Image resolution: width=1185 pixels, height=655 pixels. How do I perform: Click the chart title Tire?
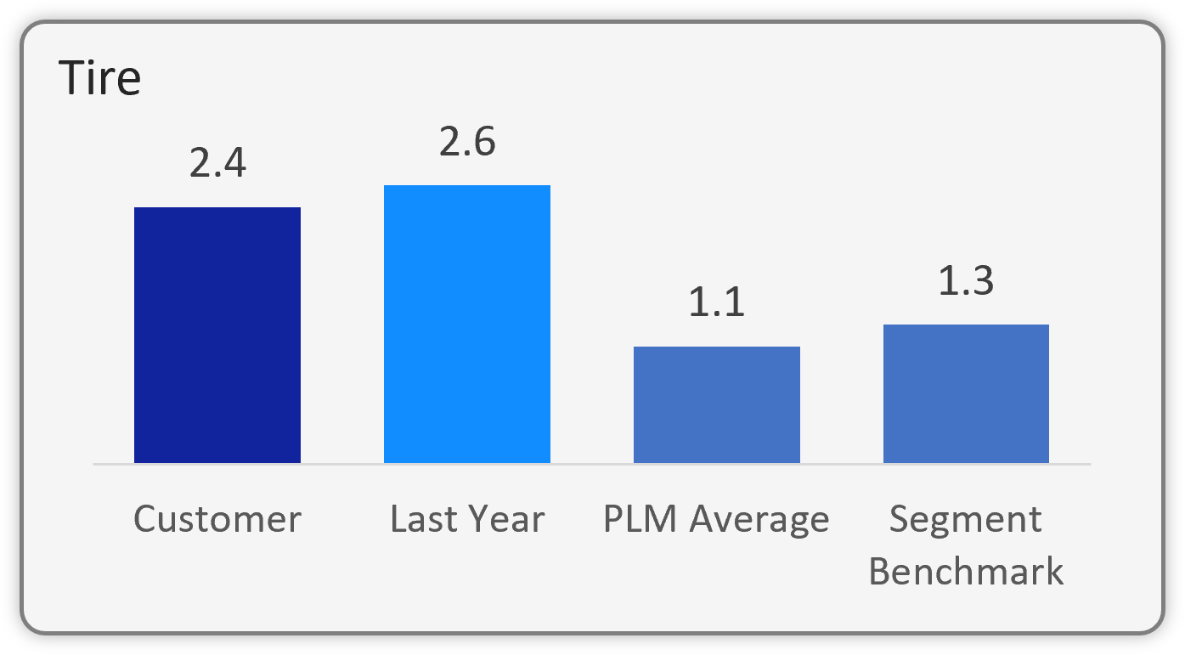pos(99,79)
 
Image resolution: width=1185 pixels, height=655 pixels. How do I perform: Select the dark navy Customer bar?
pos(217,335)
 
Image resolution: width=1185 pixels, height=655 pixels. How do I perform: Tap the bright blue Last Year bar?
pos(466,324)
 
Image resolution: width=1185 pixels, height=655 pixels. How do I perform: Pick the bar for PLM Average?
pos(716,404)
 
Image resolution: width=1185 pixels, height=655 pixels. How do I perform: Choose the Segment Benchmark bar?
pos(966,393)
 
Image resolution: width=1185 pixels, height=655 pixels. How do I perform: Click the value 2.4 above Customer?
pos(217,164)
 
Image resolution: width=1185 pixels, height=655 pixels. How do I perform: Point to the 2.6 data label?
pos(466,142)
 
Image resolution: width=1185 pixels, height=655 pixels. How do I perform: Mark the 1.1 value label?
pos(716,303)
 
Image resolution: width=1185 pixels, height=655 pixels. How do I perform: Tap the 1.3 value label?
pos(966,281)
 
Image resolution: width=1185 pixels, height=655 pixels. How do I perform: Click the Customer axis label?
pos(217,519)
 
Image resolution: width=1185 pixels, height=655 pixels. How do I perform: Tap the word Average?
pos(759,520)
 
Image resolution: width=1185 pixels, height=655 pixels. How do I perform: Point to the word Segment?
pos(966,520)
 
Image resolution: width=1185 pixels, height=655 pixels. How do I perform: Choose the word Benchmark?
pos(966,571)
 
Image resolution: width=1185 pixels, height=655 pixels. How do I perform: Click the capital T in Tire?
pos(71,79)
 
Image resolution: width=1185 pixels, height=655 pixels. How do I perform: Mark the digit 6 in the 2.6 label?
pos(483,142)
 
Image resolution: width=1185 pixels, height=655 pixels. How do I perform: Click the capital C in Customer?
pos(145,519)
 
